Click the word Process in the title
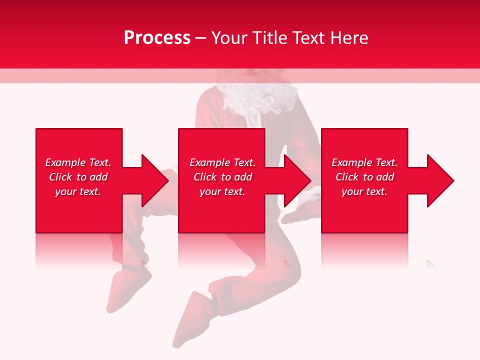(x=157, y=37)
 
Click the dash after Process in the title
(x=201, y=38)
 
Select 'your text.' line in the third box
(x=364, y=191)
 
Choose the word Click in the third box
(x=346, y=177)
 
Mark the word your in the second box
(x=210, y=191)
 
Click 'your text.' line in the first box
(x=78, y=191)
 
